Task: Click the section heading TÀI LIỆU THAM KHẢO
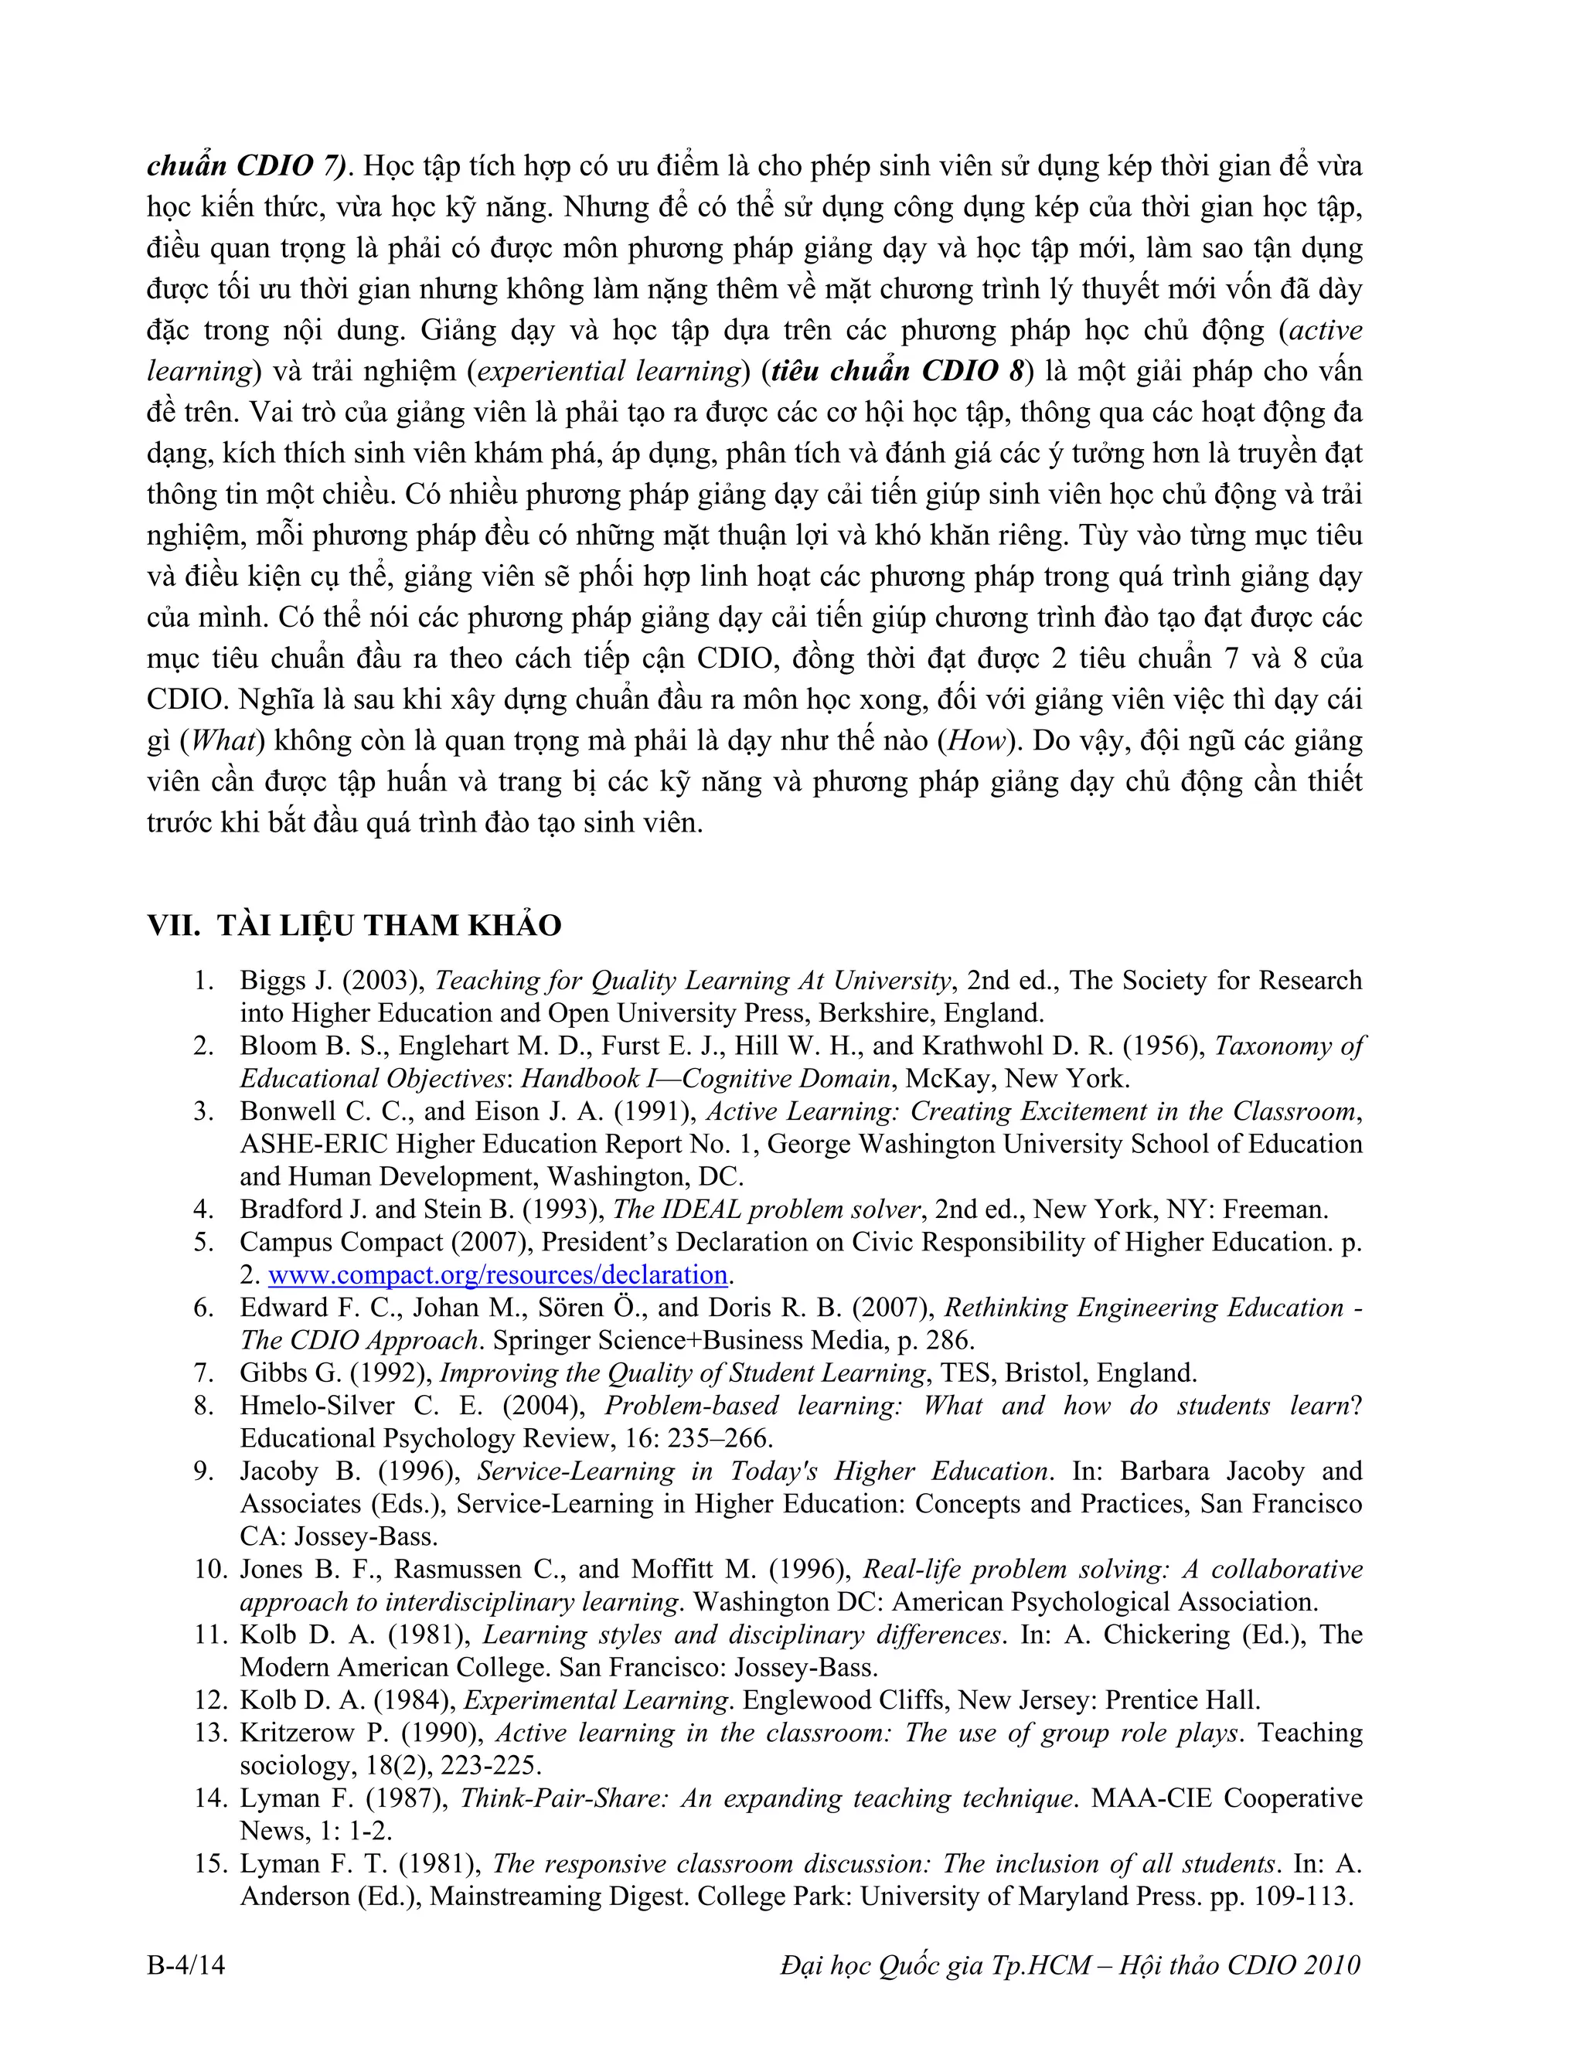[x=390, y=926]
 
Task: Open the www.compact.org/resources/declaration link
[x=497, y=1275]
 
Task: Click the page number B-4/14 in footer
[x=186, y=1965]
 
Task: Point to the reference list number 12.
[x=210, y=1700]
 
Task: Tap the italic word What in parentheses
[x=223, y=741]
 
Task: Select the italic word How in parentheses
[x=977, y=741]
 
